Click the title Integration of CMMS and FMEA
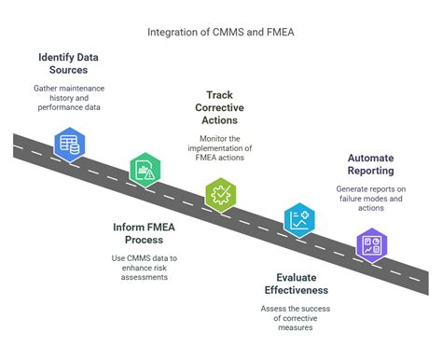coord(220,33)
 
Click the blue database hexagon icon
coord(68,145)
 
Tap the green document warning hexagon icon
coord(145,170)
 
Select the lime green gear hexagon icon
coord(221,195)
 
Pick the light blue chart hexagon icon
coord(298,220)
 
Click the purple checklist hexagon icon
coord(373,245)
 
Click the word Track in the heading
coord(220,95)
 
